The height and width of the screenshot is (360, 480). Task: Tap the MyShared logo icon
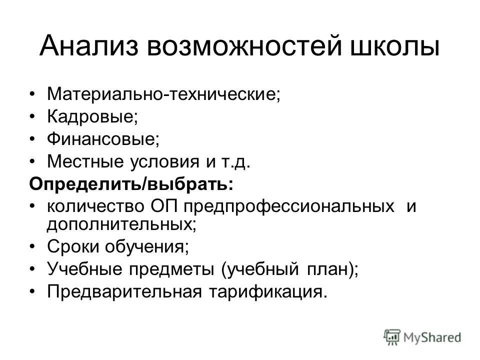click(392, 336)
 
